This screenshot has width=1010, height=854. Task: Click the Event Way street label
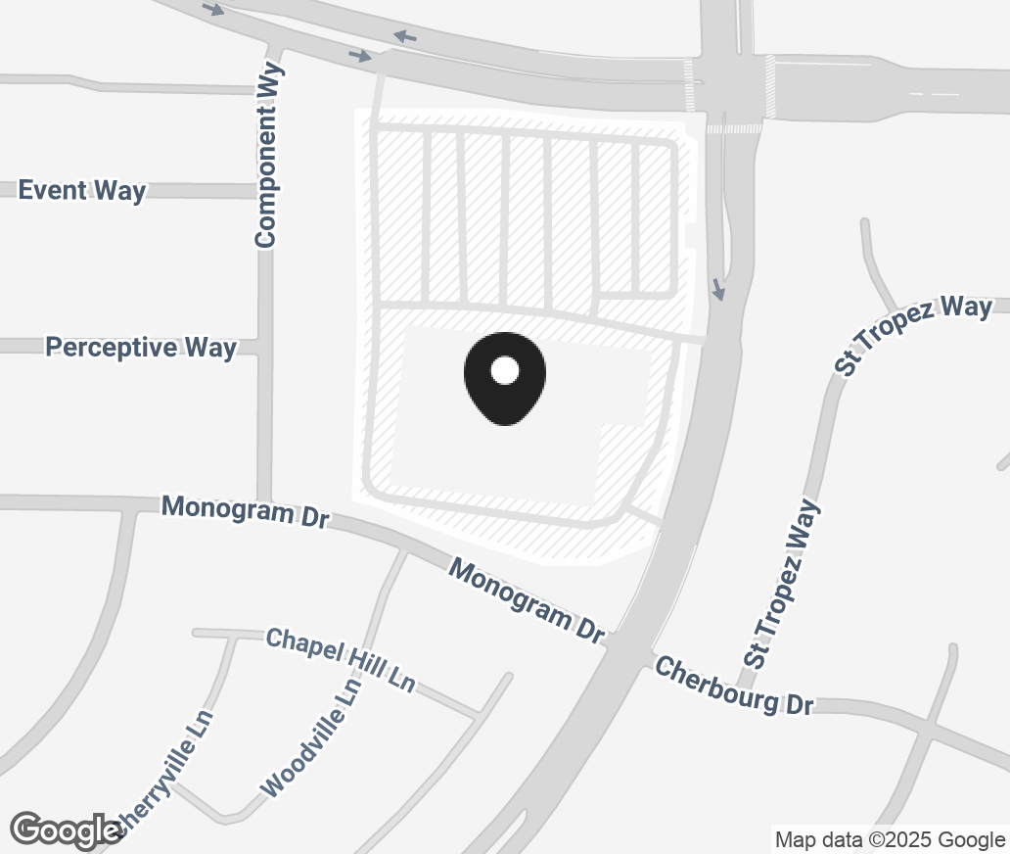point(82,190)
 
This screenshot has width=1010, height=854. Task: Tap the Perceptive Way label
point(141,348)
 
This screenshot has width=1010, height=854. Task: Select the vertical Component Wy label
point(267,155)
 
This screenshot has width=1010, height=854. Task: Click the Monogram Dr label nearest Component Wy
point(245,510)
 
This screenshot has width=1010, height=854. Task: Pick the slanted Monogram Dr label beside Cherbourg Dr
point(527,600)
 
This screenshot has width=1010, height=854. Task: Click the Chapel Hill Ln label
point(341,661)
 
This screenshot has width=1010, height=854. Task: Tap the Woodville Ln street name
point(311,736)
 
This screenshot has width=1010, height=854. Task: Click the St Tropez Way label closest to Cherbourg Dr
point(780,585)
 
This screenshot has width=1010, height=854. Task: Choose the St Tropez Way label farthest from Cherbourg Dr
point(913,334)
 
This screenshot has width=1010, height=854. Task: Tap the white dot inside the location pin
point(505,370)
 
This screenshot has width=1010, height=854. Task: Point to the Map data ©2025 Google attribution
point(890,839)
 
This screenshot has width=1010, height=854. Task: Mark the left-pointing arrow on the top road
point(405,37)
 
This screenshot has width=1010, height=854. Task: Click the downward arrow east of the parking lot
point(719,290)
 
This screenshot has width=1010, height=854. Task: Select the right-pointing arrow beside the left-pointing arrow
point(360,56)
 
